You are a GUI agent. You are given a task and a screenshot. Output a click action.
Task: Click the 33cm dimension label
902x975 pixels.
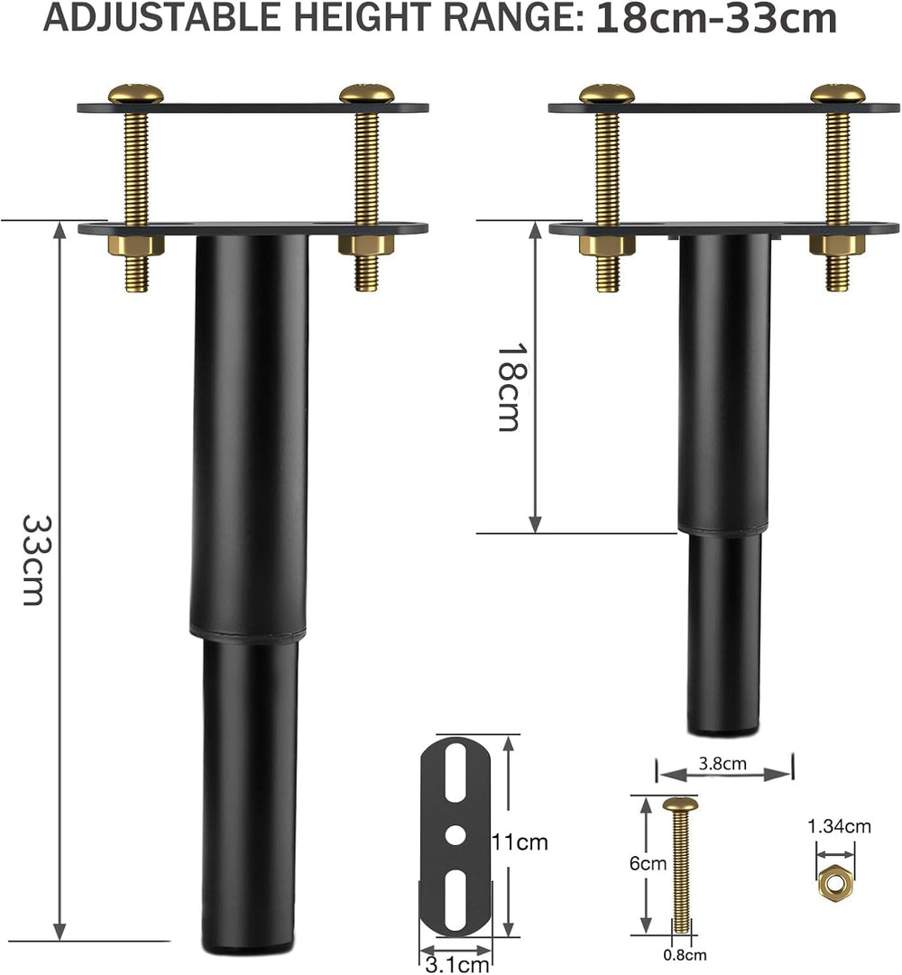[32, 559]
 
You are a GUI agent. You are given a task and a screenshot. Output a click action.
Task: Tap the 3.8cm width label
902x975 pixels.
[722, 763]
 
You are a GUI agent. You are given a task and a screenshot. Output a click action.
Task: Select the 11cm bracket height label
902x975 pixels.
[520, 842]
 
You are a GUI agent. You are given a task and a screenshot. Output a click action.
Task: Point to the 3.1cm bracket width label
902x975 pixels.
[457, 964]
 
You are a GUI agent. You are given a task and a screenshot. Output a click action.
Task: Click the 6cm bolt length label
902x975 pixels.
[648, 864]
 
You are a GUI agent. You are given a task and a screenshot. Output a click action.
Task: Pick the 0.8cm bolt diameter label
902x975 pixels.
[685, 954]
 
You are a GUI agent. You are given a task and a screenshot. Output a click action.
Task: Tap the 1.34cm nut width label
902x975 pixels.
[839, 826]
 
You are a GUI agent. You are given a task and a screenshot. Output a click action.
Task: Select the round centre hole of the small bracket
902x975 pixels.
[455, 835]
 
